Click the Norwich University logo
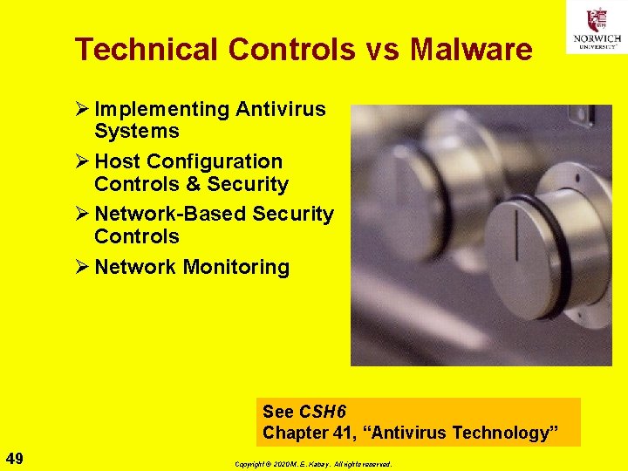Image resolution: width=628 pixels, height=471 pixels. [597, 27]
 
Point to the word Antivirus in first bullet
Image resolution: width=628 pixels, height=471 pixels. [280, 109]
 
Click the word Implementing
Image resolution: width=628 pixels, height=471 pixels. [161, 109]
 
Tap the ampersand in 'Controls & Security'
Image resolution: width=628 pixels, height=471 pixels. [192, 184]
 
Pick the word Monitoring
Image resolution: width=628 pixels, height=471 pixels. [235, 267]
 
